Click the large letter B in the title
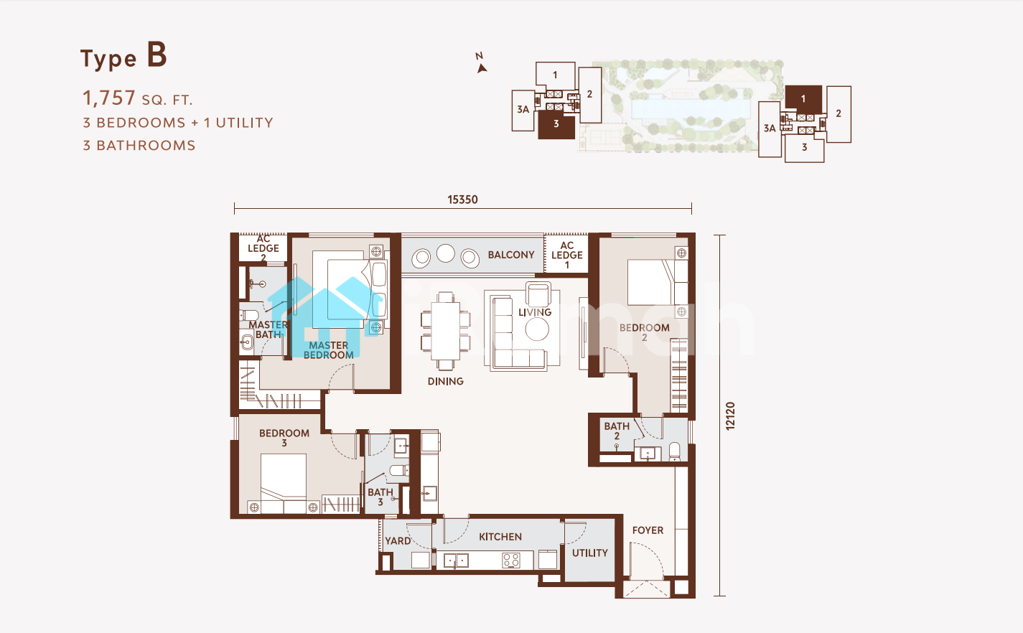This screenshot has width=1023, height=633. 157,55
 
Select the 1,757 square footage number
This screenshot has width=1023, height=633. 108,98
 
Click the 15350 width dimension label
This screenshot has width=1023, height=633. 462,200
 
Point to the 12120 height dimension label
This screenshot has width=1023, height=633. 730,416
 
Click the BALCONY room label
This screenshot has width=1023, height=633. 511,255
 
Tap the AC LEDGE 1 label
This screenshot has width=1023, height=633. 566,255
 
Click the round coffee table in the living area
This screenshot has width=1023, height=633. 537,329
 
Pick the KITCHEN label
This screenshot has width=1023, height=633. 500,537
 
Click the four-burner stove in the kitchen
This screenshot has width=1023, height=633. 511,560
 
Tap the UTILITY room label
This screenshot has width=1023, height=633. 589,553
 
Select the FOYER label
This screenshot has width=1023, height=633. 648,530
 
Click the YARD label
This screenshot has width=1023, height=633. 397,541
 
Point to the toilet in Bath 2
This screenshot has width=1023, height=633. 675,451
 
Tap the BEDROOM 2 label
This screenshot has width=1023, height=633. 645,332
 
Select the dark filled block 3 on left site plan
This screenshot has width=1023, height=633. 556,125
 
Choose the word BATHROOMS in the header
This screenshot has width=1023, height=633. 146,145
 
